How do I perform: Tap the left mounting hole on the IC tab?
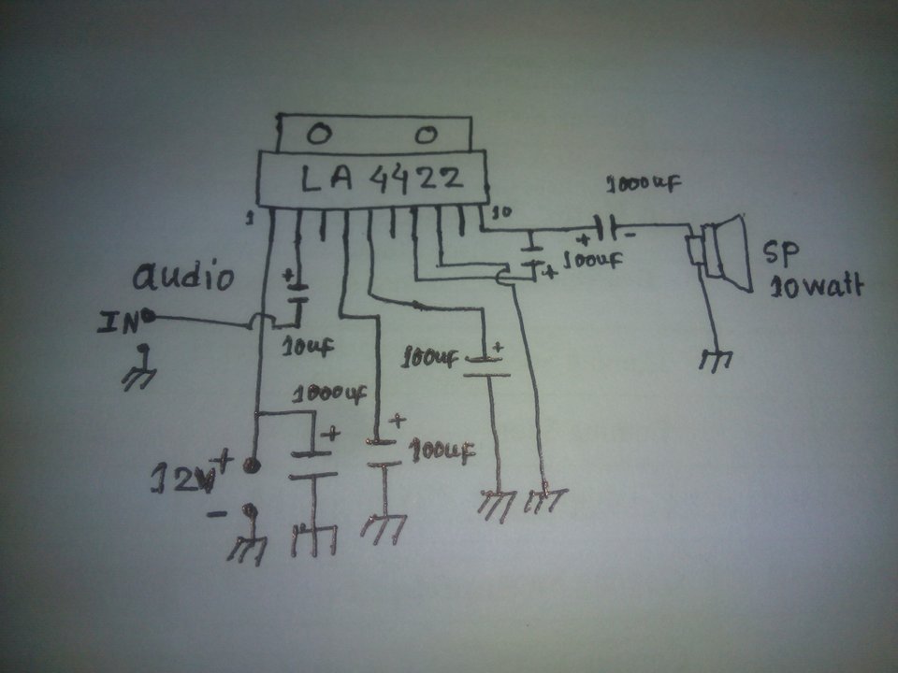319,135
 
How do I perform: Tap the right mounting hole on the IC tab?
426,136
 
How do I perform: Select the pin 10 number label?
501,212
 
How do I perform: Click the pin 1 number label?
250,218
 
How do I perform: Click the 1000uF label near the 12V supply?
329,394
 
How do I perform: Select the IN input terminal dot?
148,320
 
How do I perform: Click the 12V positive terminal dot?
249,464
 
